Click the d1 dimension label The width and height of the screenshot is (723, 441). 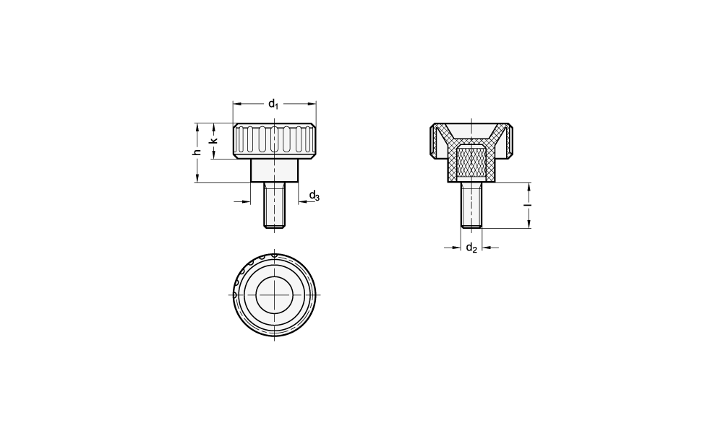(x=273, y=104)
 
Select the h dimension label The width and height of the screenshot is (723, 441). (x=197, y=152)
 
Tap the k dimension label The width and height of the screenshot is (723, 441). (x=213, y=141)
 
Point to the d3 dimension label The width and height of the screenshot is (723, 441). (x=314, y=196)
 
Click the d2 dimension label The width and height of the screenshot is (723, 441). (x=471, y=248)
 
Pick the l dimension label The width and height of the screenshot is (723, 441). (x=529, y=205)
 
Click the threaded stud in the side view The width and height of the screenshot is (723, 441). (x=275, y=205)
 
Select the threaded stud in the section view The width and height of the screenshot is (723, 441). (x=471, y=205)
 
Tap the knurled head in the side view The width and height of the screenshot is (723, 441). (x=275, y=141)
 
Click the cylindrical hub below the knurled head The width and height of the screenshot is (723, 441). (x=275, y=171)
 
